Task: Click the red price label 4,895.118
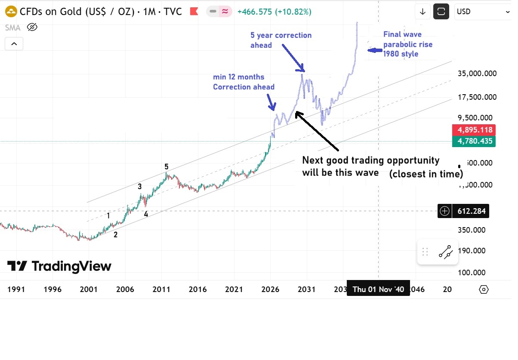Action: [x=474, y=130]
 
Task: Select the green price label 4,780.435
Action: [x=474, y=141]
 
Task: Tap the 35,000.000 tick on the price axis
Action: [x=477, y=74]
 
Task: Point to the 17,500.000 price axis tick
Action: [x=477, y=97]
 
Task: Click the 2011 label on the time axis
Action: [x=162, y=289]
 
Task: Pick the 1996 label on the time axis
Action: [x=52, y=289]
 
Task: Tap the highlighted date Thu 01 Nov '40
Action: [x=378, y=289]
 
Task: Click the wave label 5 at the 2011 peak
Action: [x=166, y=167]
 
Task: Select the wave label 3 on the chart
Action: [x=139, y=187]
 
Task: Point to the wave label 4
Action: [x=146, y=214]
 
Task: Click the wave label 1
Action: [x=108, y=215]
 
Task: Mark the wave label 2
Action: [x=115, y=235]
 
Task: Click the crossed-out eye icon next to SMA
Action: [x=32, y=28]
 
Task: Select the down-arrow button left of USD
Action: [x=422, y=12]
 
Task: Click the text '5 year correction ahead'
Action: [x=281, y=40]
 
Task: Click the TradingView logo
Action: [x=59, y=266]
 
